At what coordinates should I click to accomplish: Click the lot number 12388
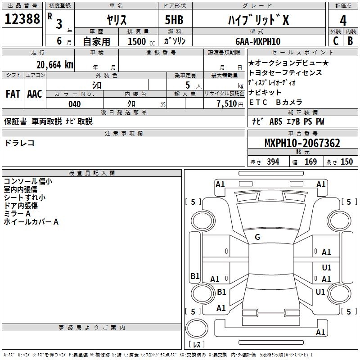[x=22, y=19]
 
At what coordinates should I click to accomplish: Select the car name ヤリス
[x=117, y=20]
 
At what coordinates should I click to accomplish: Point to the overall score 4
[x=343, y=20]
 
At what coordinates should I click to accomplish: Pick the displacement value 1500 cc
[x=140, y=41]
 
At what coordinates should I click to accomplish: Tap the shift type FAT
[x=13, y=94]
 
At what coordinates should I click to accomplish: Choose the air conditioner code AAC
[x=35, y=94]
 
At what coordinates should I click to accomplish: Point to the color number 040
[x=75, y=104]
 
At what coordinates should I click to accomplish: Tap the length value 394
[x=273, y=162]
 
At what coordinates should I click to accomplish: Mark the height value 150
[x=346, y=162]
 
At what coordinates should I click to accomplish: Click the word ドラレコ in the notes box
[x=19, y=143]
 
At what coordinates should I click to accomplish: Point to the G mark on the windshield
[x=257, y=237]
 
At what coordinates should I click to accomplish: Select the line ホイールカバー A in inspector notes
[x=31, y=222]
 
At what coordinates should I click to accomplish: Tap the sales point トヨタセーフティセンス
[x=285, y=72]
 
